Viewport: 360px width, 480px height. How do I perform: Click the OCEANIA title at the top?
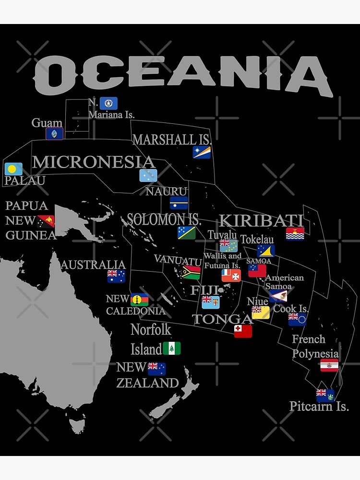click(x=183, y=74)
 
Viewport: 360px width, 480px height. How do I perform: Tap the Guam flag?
click(x=54, y=133)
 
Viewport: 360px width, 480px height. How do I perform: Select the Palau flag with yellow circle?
click(x=13, y=169)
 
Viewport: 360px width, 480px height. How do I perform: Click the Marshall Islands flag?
click(x=202, y=152)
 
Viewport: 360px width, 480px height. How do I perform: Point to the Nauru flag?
click(x=179, y=203)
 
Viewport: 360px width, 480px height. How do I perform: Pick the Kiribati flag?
click(x=295, y=234)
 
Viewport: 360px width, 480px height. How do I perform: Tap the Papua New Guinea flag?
click(x=47, y=221)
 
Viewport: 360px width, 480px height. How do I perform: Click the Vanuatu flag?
click(x=191, y=273)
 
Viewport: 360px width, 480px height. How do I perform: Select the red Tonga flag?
click(x=243, y=331)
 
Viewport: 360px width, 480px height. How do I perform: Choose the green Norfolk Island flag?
click(x=171, y=348)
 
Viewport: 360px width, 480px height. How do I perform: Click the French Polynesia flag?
click(x=329, y=365)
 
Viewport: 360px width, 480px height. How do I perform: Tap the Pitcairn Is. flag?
click(x=325, y=395)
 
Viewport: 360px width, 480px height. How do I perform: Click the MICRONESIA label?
click(x=93, y=162)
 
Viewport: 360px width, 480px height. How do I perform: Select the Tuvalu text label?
click(x=222, y=234)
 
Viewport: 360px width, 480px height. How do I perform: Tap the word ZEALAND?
click(x=147, y=383)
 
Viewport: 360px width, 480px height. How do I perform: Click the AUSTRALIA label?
click(x=93, y=264)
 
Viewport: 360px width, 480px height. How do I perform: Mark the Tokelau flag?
click(x=265, y=251)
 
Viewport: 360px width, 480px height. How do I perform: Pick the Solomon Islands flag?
click(x=186, y=233)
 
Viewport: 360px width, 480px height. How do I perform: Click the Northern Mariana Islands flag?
click(x=108, y=103)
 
